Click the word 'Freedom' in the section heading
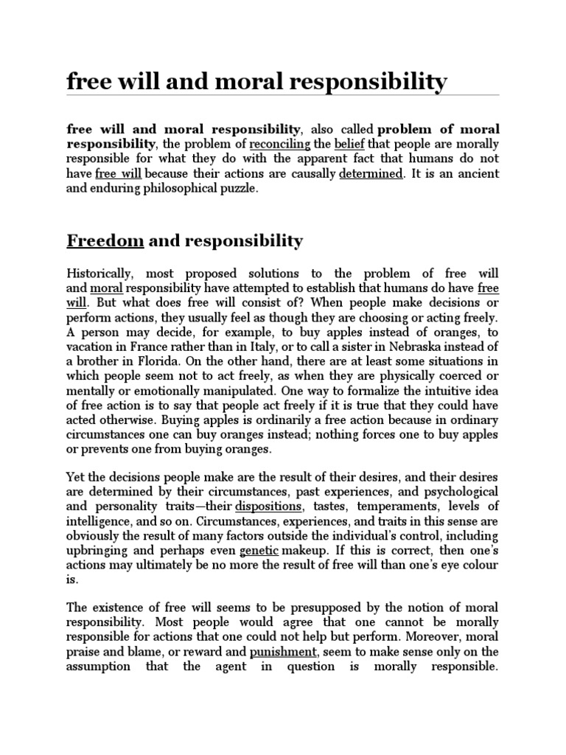pos(105,241)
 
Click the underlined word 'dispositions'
pos(268,507)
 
